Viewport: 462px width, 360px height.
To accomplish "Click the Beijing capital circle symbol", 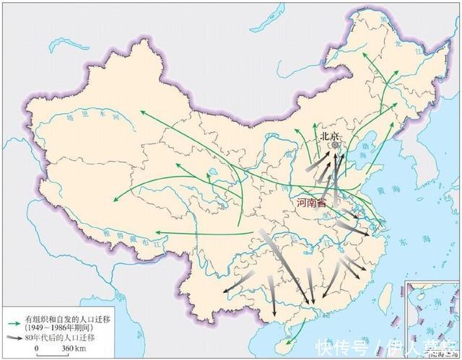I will coord(335,145).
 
